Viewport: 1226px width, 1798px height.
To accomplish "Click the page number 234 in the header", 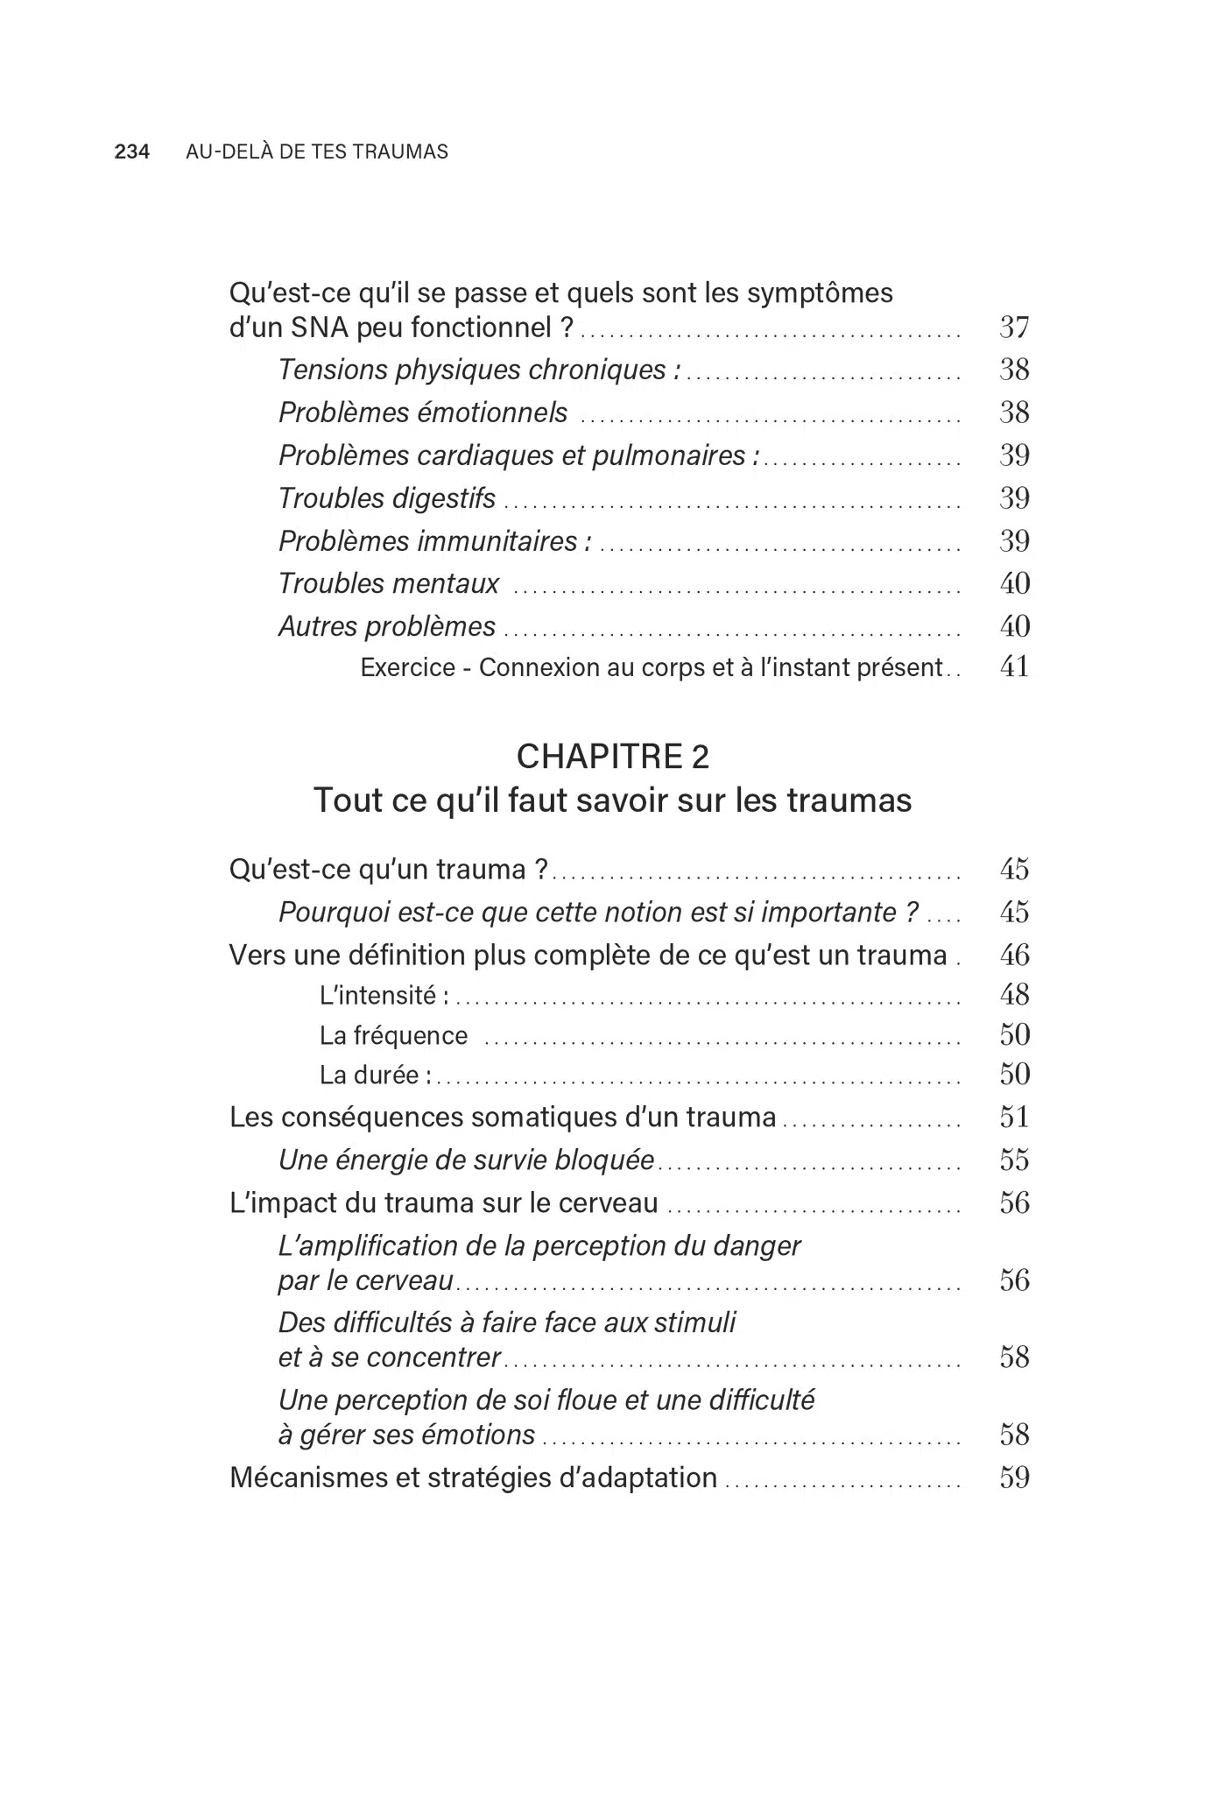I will point(132,152).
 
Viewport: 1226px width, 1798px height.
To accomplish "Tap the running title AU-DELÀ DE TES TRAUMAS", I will point(317,152).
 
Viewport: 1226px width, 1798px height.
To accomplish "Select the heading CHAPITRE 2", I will point(613,757).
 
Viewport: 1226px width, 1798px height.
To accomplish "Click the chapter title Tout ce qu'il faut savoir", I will point(613,800).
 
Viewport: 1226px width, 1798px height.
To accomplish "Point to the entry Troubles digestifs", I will point(387,498).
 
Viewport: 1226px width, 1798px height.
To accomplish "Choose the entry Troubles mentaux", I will point(389,583).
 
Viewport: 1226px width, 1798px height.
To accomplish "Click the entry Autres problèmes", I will point(387,626).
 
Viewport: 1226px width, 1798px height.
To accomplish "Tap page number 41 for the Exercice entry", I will point(1014,667).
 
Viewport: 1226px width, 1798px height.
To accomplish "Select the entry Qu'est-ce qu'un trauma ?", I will point(388,870).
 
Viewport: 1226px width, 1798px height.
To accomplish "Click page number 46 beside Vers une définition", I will point(1014,955).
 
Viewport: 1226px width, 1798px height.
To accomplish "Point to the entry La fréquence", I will point(393,1036).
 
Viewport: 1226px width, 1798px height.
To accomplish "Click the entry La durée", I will point(375,1075).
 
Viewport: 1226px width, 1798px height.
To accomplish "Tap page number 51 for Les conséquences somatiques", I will point(1014,1118).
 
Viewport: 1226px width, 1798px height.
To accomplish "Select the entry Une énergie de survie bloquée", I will point(466,1160).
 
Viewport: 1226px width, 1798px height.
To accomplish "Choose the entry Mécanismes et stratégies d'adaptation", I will point(473,1478).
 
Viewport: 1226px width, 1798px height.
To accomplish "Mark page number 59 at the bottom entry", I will point(1014,1478).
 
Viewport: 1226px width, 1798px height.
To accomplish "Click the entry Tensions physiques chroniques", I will point(479,370).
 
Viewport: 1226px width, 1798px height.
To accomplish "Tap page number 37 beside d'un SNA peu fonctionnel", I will point(1014,328).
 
